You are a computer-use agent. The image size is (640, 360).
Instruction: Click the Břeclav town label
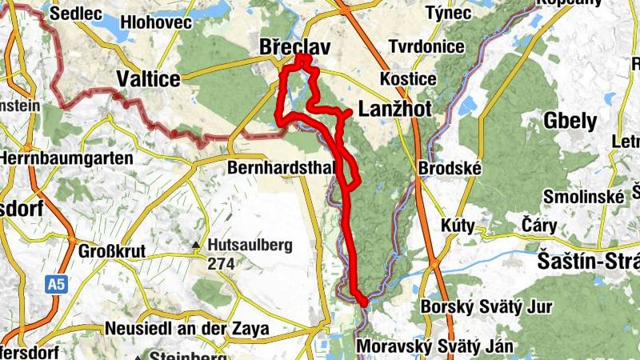(x=295, y=49)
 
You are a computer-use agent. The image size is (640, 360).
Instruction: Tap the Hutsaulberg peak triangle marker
(x=196, y=246)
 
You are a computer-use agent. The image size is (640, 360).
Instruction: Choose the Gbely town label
(x=570, y=122)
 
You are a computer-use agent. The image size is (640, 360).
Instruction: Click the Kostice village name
(x=408, y=80)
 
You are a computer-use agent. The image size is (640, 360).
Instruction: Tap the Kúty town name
(x=458, y=226)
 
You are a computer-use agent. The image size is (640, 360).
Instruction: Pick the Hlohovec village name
(x=156, y=22)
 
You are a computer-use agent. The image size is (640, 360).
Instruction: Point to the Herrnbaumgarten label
(x=66, y=158)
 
